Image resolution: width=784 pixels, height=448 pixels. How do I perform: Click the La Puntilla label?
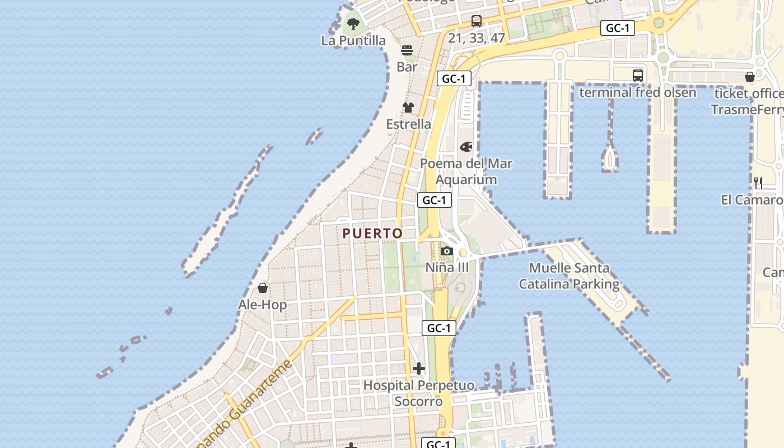tap(353, 40)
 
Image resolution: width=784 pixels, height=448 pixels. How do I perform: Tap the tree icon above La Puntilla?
tap(353, 24)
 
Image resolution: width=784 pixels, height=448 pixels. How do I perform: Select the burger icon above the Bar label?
tap(407, 50)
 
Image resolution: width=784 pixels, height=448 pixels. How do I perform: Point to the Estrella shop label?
tap(408, 124)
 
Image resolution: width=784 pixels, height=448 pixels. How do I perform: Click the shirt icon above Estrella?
tap(408, 107)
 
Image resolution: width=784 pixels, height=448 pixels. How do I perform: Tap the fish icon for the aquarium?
tap(466, 147)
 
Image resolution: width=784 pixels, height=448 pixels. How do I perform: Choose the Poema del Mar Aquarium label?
tap(466, 171)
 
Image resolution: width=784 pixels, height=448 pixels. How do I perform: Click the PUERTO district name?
tap(372, 233)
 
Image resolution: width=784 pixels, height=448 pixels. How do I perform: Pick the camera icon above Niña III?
tap(447, 251)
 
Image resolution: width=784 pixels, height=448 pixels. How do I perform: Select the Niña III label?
tap(447, 267)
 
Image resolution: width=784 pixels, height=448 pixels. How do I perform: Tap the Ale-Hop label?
tap(262, 305)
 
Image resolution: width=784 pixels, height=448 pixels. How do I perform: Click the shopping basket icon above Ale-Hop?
tap(263, 288)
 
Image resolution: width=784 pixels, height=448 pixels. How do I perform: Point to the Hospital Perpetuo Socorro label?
tap(418, 393)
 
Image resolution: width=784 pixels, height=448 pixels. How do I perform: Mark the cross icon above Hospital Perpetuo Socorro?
tap(418, 368)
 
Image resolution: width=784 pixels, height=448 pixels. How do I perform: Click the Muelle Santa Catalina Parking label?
tap(569, 276)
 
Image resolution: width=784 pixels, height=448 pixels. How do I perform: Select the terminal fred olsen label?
tap(637, 92)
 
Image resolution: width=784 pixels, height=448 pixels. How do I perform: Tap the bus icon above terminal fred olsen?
tap(637, 76)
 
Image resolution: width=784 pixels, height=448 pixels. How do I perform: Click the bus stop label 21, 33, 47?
tap(477, 38)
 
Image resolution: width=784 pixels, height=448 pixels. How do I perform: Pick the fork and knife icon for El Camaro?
tap(758, 183)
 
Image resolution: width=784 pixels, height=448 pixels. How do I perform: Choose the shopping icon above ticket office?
tap(750, 77)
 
